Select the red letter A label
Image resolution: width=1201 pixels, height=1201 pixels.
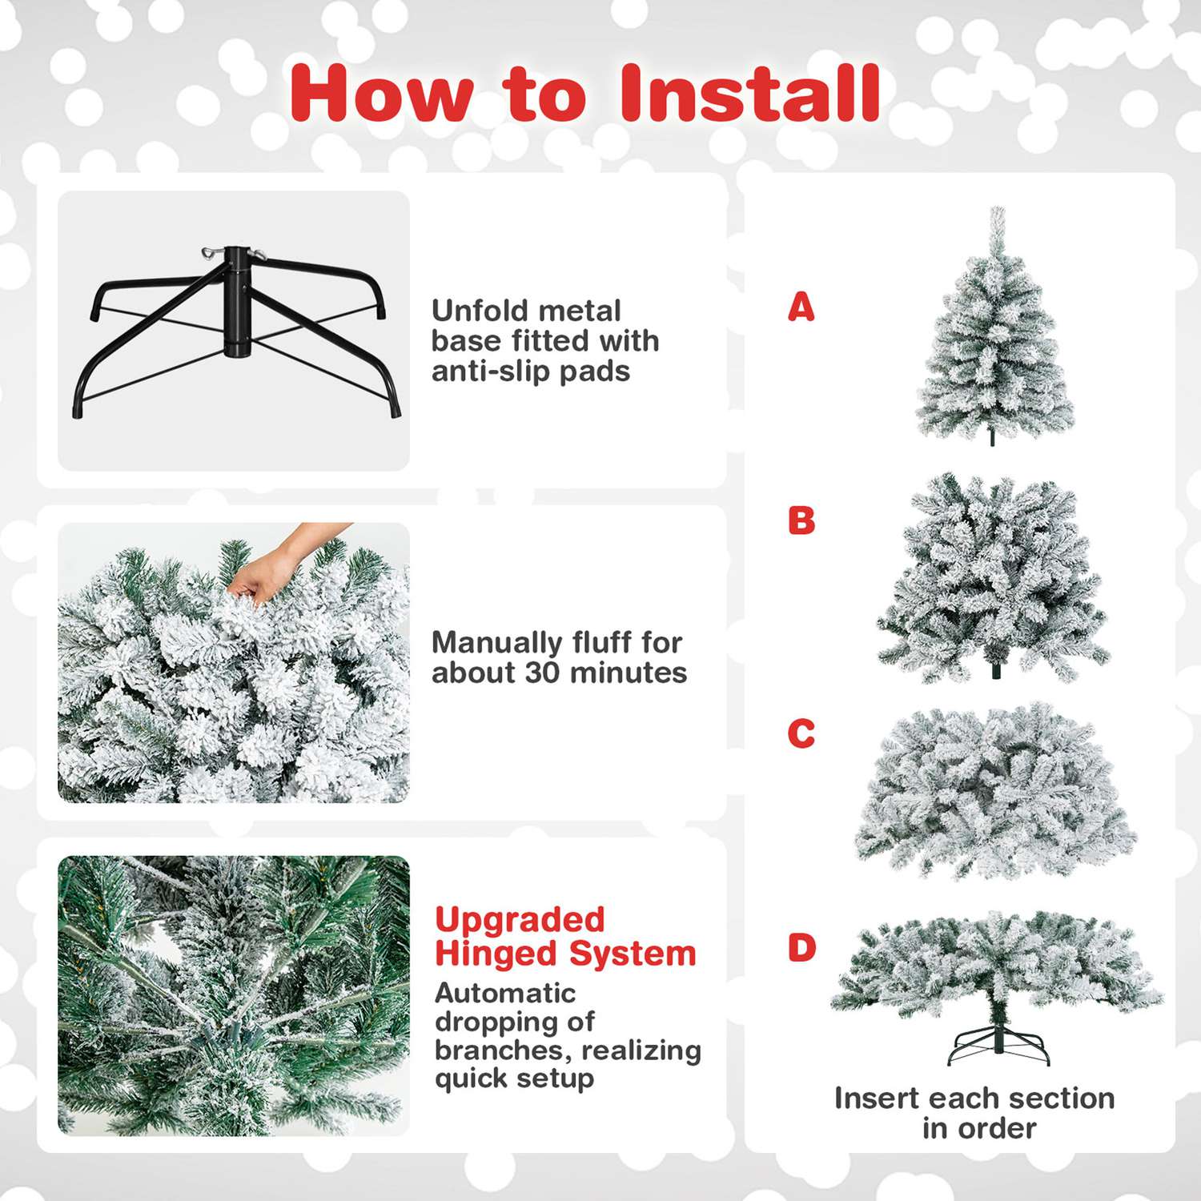(x=801, y=307)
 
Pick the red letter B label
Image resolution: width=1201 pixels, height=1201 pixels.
(x=801, y=520)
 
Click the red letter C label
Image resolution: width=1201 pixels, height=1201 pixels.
(x=801, y=733)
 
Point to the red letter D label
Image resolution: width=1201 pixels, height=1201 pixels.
(x=801, y=948)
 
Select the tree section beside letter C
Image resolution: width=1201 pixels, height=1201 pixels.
(x=995, y=793)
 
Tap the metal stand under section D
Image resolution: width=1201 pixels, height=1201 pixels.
(x=998, y=1046)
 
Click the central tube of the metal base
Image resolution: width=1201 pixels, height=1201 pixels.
(x=236, y=304)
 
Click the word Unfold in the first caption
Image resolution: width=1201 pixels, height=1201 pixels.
(x=478, y=311)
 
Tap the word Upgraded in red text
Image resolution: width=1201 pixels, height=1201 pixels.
(x=520, y=920)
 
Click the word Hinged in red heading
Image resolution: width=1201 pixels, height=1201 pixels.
(x=496, y=954)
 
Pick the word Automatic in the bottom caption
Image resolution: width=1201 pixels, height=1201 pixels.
(x=505, y=993)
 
